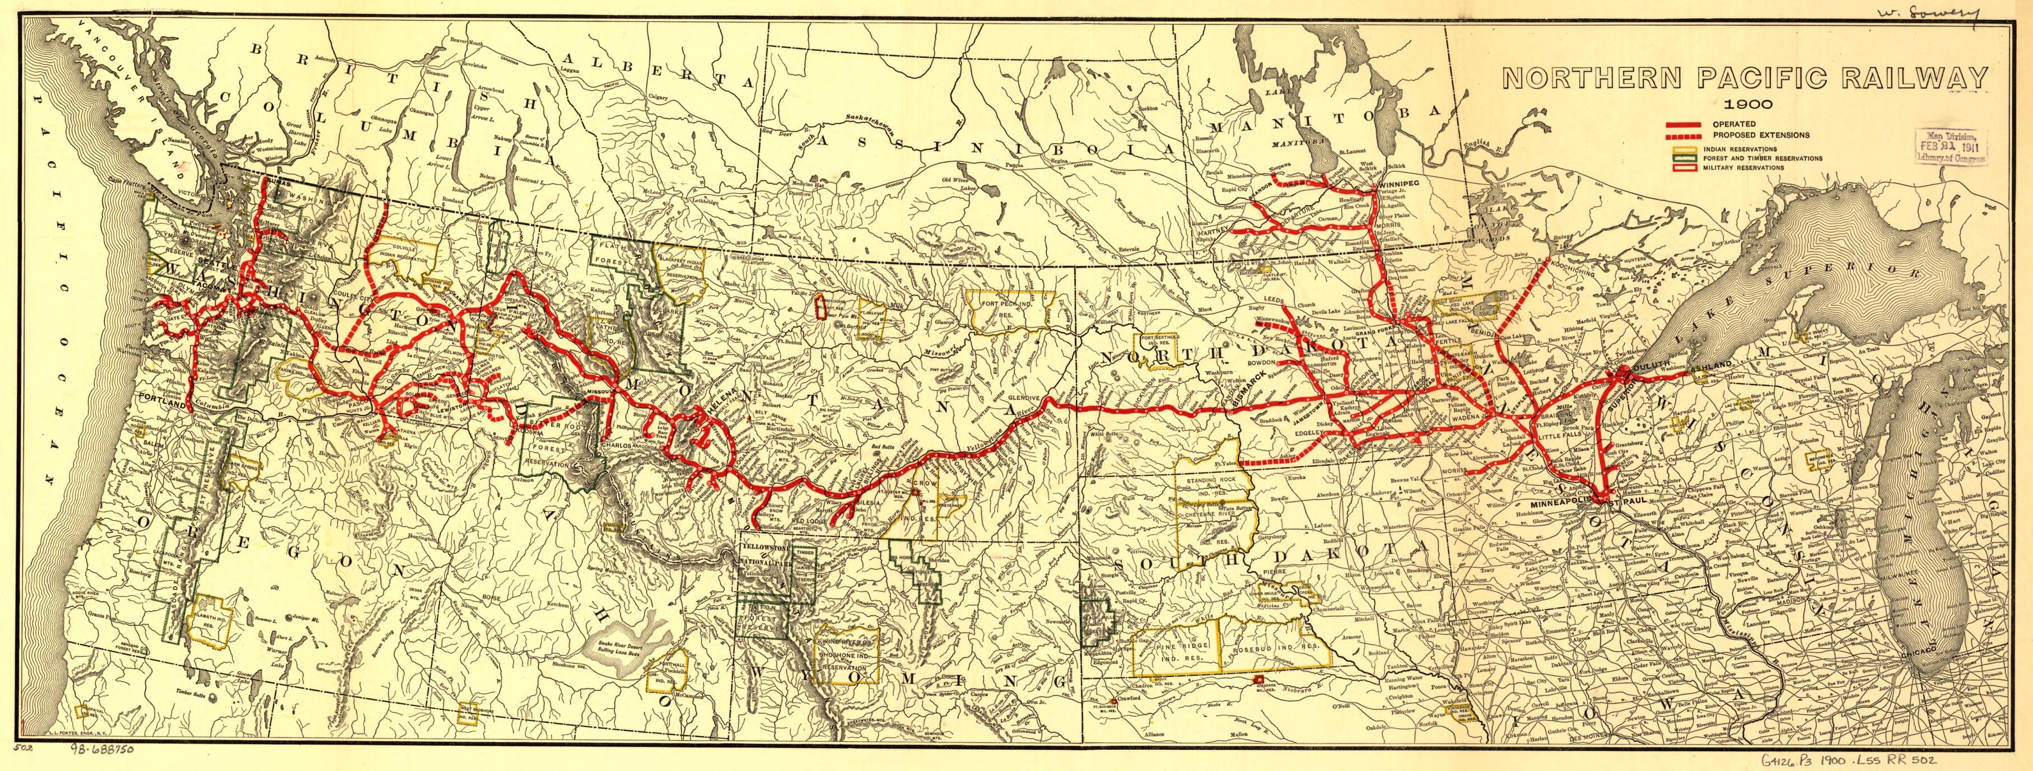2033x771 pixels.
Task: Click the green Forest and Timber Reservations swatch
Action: tap(1686, 158)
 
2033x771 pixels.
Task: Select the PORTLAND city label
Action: tap(162, 395)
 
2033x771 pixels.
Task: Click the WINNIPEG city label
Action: tap(1398, 184)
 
